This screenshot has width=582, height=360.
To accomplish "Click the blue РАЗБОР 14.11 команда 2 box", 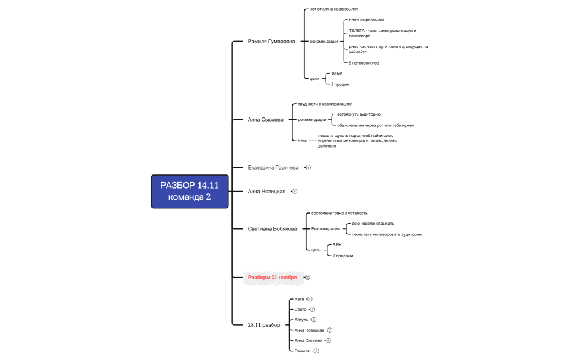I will (190, 191).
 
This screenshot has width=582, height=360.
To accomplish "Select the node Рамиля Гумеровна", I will (271, 42).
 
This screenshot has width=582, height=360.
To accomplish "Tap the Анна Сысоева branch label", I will (265, 119).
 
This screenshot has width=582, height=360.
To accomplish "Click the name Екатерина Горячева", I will (273, 168).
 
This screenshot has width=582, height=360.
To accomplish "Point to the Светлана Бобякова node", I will (272, 228).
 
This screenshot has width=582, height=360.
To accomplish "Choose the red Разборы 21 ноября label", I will (272, 277).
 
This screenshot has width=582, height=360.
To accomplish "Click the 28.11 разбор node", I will (264, 325).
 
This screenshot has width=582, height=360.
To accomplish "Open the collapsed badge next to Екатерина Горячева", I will (309, 168).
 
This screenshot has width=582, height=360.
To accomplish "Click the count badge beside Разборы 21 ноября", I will (307, 277).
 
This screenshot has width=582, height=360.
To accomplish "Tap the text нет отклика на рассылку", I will (333, 9).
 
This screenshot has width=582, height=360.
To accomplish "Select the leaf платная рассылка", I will (362, 20).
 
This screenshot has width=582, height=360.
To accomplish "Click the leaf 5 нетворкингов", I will (364, 63).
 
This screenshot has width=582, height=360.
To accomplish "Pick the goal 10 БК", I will (336, 73).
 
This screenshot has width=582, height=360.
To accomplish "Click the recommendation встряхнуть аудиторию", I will (359, 114).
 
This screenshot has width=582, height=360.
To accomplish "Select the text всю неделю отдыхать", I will (373, 224).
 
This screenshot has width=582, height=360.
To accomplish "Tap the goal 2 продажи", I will (343, 256).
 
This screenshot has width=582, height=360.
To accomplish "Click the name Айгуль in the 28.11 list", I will (301, 320).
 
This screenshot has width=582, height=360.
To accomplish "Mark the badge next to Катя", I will (310, 299).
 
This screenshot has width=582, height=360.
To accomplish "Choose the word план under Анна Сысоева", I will (303, 141).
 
